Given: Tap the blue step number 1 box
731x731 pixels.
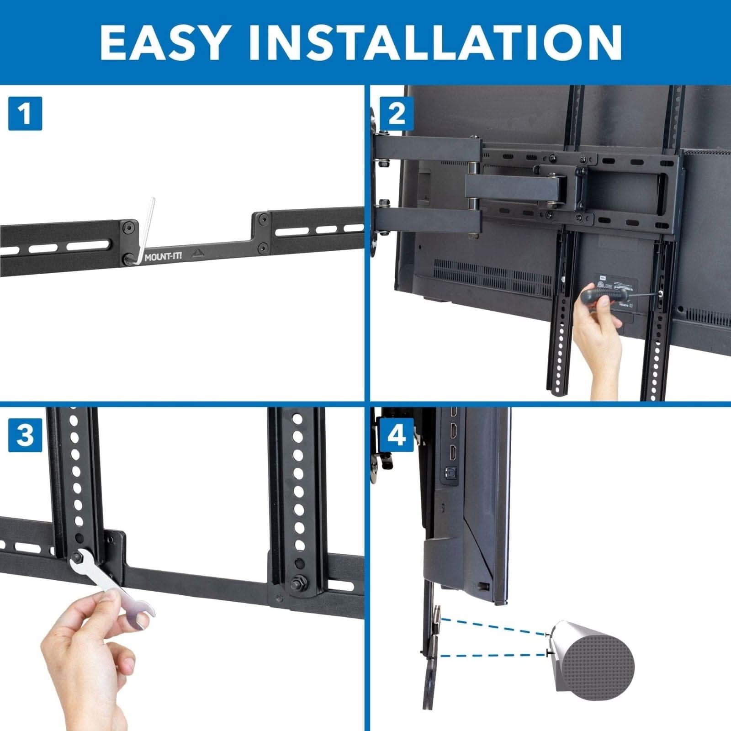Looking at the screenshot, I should [25, 113].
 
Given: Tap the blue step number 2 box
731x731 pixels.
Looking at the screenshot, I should [396, 113].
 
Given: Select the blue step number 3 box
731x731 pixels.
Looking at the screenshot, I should [25, 434].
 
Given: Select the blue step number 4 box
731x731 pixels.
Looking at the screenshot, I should [396, 434].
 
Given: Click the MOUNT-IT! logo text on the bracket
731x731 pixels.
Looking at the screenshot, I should [163, 256].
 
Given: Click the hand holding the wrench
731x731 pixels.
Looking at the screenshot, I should [91, 653].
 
